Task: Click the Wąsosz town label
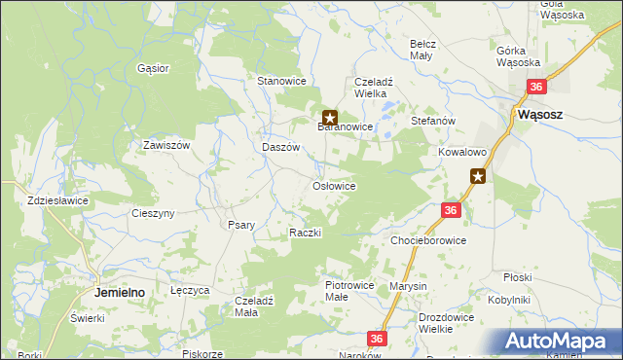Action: [536, 112]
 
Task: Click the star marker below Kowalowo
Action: [478, 176]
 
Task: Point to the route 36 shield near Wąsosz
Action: [536, 88]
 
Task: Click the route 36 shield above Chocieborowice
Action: [450, 210]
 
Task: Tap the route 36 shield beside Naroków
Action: [379, 338]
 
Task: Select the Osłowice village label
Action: [333, 186]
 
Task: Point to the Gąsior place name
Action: [154, 69]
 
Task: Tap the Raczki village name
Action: [305, 234]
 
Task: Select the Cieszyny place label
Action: [153, 213]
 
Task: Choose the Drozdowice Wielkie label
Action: [449, 323]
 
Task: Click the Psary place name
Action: [240, 225]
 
